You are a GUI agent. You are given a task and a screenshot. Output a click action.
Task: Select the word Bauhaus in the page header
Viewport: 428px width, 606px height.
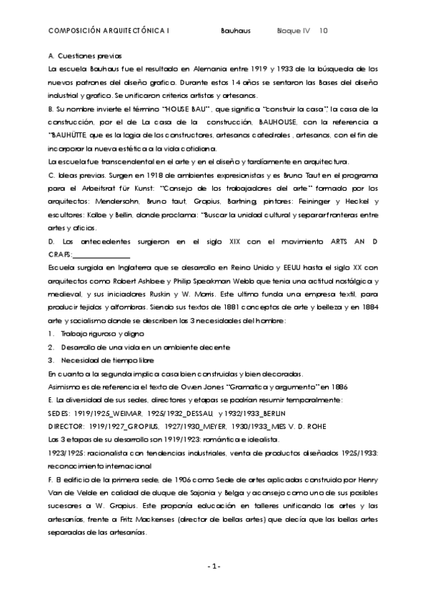pos(236,31)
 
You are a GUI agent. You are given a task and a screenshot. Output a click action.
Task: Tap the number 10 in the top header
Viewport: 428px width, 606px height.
pos(324,31)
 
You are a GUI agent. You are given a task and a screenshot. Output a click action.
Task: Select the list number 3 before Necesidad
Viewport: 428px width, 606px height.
pos(51,360)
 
